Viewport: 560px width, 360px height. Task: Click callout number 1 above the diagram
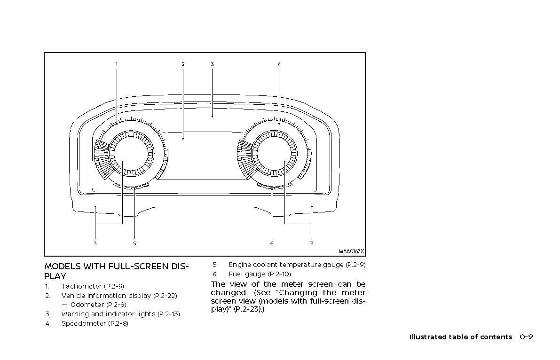coord(117,64)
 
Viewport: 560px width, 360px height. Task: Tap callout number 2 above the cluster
coord(183,64)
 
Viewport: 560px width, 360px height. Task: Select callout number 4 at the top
coord(279,64)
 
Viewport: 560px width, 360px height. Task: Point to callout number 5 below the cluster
coord(134,243)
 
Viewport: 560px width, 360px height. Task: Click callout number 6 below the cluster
coord(272,243)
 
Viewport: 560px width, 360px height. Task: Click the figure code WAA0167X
coord(351,251)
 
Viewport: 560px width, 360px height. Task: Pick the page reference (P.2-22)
coord(165,296)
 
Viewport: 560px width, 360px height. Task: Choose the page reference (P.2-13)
coord(169,314)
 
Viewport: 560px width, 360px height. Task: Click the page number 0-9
coord(526,337)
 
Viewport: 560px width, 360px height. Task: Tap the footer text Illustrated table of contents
coord(460,337)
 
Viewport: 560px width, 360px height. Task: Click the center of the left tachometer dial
coord(123,161)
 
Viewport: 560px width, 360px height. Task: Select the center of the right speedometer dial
coord(285,161)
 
